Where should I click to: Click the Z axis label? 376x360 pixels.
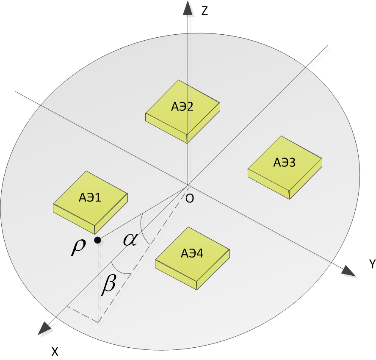point(205,11)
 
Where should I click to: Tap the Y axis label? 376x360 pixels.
point(372,265)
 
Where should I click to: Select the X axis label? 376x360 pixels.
point(55,351)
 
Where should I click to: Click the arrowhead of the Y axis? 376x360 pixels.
point(349,270)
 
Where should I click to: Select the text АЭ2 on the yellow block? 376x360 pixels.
point(182,107)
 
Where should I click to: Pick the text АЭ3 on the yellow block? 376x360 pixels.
point(284,162)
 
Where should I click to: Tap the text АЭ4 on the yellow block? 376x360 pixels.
point(192,254)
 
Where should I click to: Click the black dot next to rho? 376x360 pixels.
point(97,241)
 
